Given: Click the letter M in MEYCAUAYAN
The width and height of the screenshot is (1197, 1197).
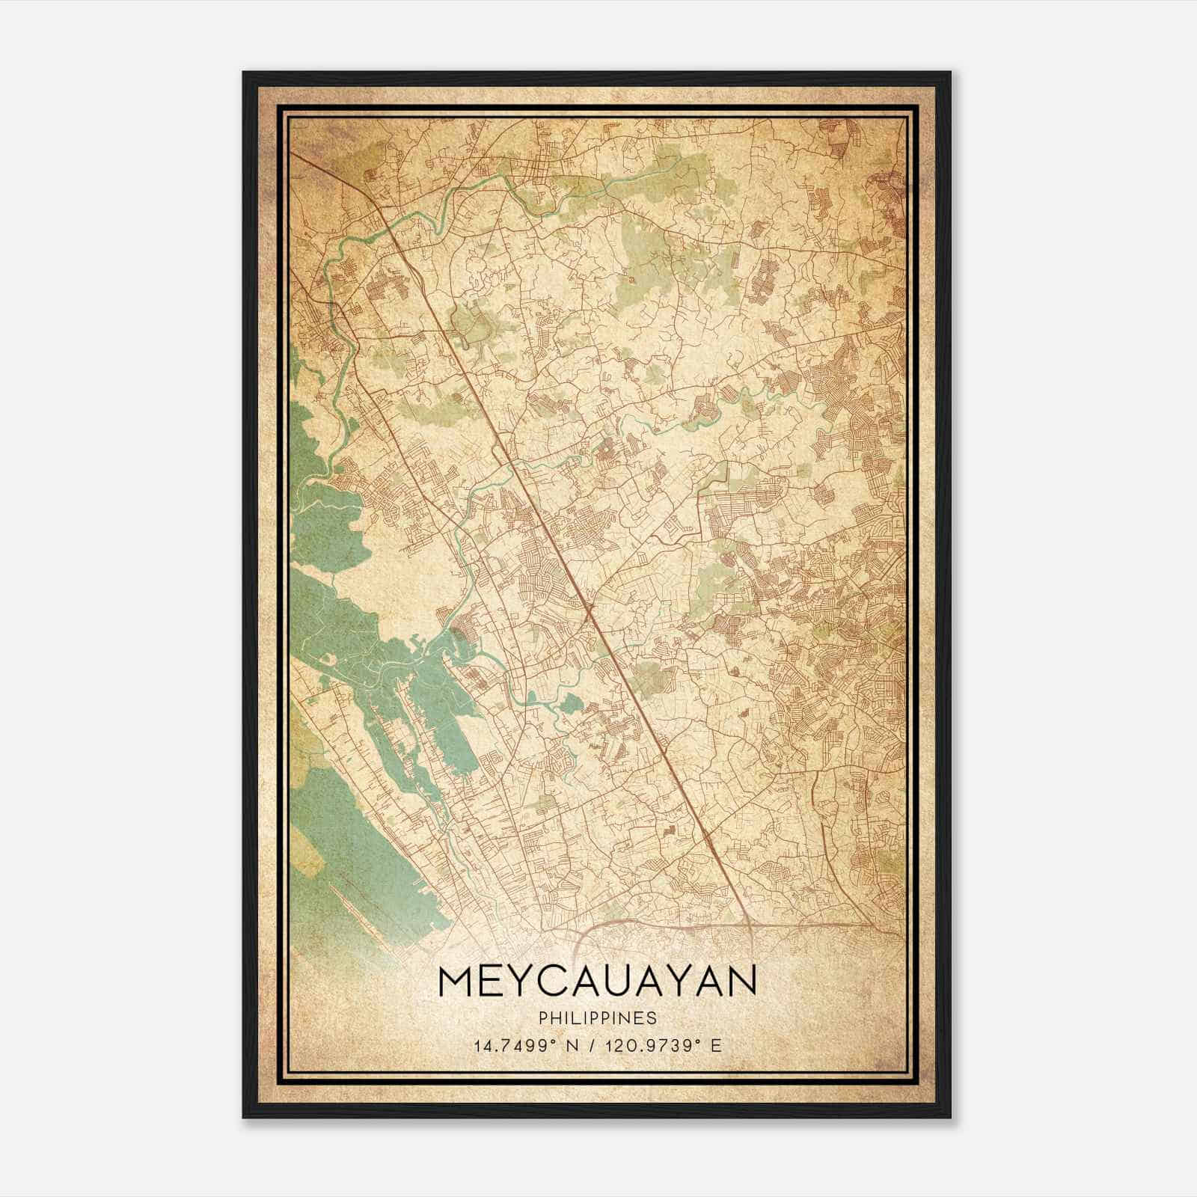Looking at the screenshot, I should pyautogui.click(x=458, y=982).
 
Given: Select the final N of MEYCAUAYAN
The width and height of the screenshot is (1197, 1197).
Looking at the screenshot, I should pyautogui.click(x=741, y=982).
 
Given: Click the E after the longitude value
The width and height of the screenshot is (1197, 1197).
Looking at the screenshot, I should pyautogui.click(x=717, y=1046).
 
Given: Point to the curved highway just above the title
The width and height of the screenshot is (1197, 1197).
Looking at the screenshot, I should pyautogui.click(x=636, y=922).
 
